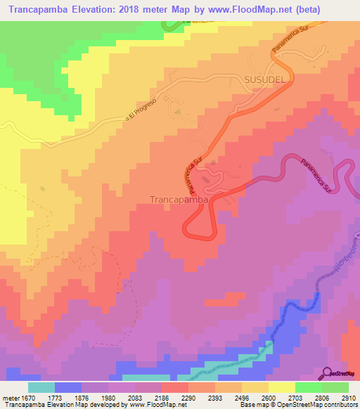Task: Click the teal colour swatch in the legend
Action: [41, 387]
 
